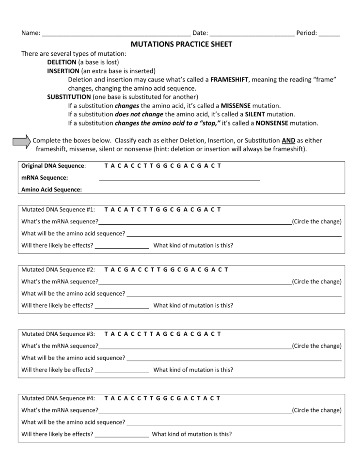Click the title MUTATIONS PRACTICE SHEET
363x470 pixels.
click(x=181, y=44)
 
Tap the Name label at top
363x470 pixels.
click(x=31, y=33)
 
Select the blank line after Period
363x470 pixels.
click(x=329, y=34)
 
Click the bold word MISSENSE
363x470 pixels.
click(x=236, y=106)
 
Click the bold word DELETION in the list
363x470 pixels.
click(x=62, y=62)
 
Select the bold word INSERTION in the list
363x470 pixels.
click(x=63, y=71)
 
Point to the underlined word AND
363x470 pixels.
click(x=288, y=141)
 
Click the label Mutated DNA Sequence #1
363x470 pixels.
click(x=58, y=209)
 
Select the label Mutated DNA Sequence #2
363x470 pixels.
click(x=58, y=269)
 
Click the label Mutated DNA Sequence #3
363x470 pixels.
click(x=58, y=334)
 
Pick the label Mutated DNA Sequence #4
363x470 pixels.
click(x=58, y=398)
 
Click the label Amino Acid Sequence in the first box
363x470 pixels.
click(x=51, y=190)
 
